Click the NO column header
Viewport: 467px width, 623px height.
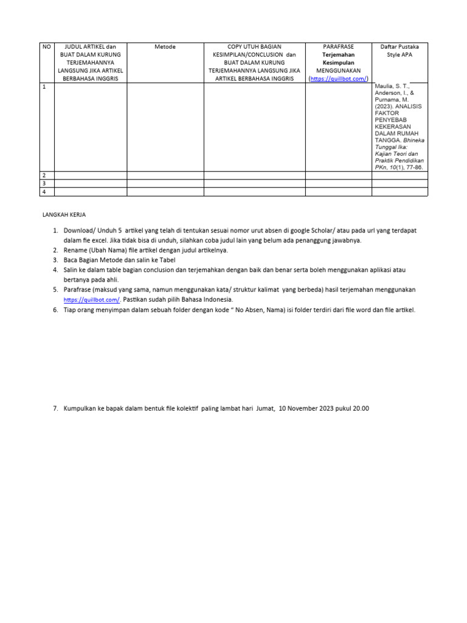pyautogui.click(x=46, y=47)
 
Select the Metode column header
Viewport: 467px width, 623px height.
pyautogui.click(x=165, y=47)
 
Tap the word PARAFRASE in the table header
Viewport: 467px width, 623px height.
pyautogui.click(x=338, y=47)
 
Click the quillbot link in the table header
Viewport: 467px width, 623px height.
pyautogui.click(x=339, y=79)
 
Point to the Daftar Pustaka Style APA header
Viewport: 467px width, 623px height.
pyautogui.click(x=400, y=50)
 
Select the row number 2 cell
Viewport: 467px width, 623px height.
pyautogui.click(x=44, y=175)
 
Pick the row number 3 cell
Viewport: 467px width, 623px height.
pyautogui.click(x=44, y=183)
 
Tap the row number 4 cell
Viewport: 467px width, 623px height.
pyautogui.click(x=44, y=192)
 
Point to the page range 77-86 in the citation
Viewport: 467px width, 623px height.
pyautogui.click(x=413, y=167)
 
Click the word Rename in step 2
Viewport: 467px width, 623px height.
pyautogui.click(x=75, y=250)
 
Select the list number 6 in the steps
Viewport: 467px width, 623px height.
pyautogui.click(x=55, y=310)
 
